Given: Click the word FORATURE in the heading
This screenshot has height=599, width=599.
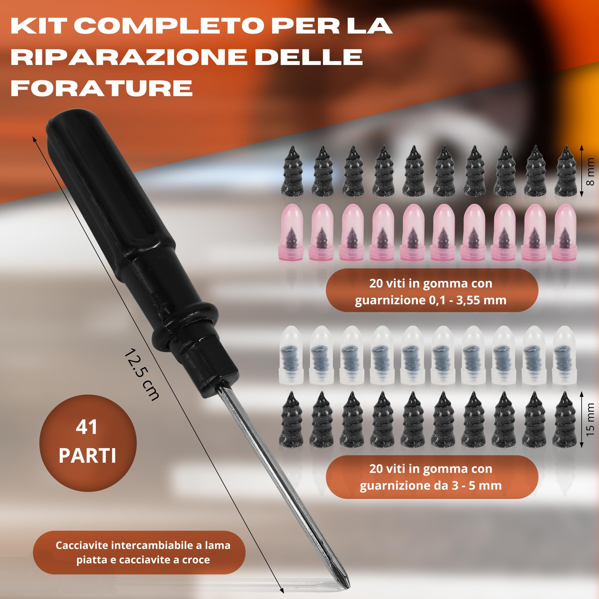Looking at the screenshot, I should pos(102,88).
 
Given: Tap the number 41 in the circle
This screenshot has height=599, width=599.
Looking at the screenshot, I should pos(87,428).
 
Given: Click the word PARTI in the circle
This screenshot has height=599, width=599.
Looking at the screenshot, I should pos(87,456).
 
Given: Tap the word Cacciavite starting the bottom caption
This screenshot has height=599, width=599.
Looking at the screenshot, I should pos(82,545).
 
